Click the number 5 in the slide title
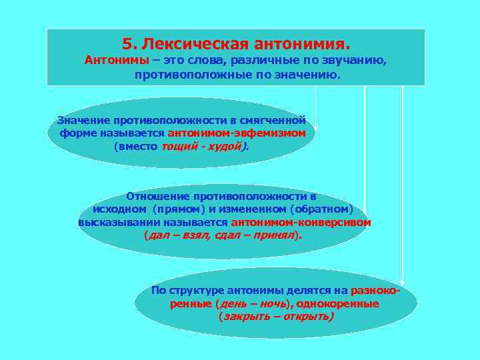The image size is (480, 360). click(x=127, y=44)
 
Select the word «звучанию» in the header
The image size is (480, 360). click(x=358, y=61)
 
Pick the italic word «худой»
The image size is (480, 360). click(x=223, y=145)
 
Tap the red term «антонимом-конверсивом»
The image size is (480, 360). click(x=301, y=222)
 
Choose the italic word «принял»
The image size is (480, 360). click(x=275, y=235)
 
